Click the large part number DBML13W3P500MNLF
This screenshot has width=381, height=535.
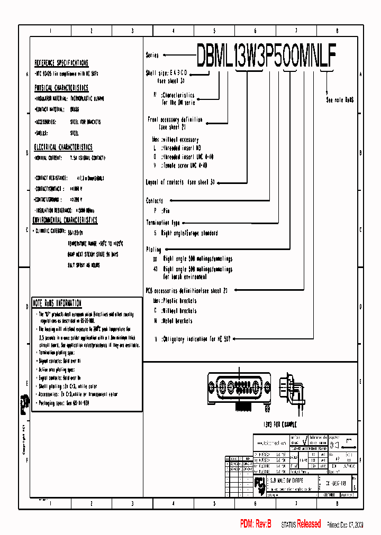(266, 54)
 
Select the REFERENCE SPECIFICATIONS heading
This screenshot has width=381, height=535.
(61, 62)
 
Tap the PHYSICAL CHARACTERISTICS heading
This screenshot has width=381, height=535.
(61, 88)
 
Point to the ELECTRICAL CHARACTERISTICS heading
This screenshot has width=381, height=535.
(63, 147)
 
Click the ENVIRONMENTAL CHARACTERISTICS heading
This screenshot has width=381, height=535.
(65, 220)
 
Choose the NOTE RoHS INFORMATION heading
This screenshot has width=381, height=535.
(57, 303)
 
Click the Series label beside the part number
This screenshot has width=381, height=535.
(152, 55)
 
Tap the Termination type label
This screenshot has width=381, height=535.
(163, 223)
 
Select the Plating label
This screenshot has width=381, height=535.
(153, 249)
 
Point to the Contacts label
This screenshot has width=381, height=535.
(155, 201)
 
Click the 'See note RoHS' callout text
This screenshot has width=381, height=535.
(340, 99)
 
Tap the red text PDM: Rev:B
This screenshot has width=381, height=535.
(256, 524)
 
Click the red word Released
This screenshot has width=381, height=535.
(309, 524)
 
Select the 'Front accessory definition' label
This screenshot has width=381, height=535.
(175, 119)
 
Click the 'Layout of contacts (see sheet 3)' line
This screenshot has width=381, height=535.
(180, 182)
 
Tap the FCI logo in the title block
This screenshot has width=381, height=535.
(260, 483)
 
